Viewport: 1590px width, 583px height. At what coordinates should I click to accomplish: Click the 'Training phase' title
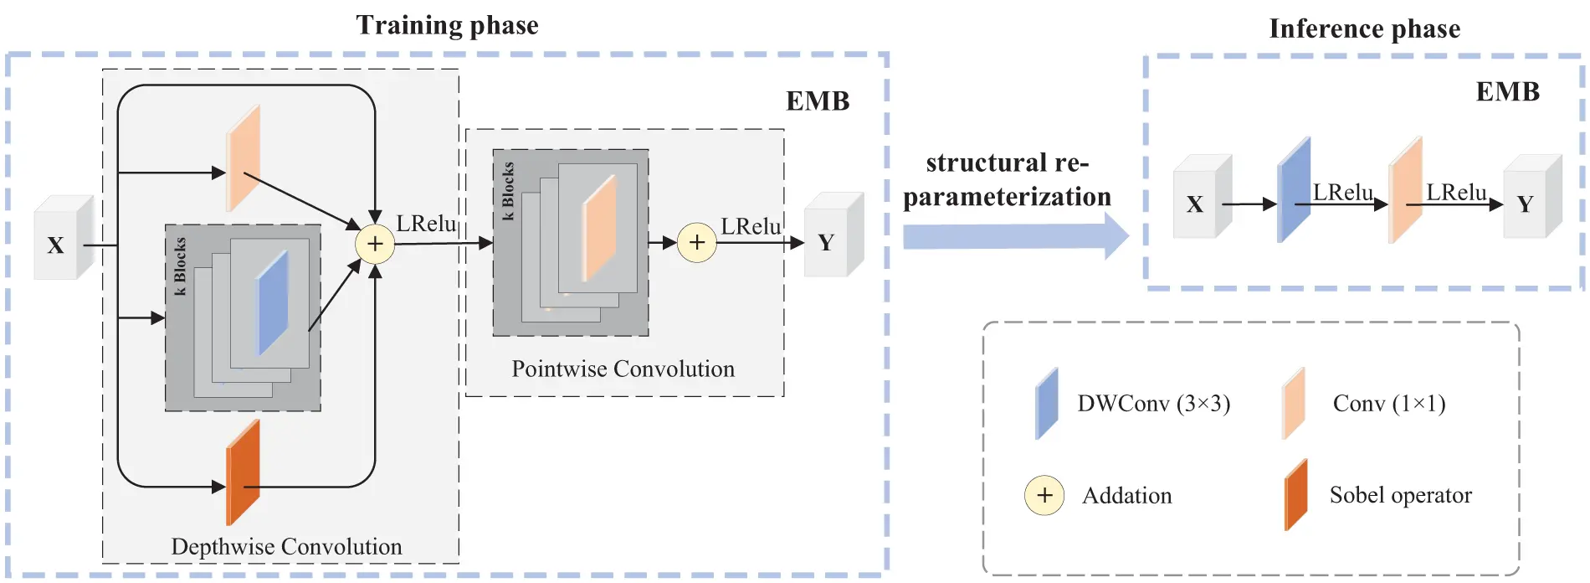(x=447, y=25)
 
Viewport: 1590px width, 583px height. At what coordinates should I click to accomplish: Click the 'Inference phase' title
(x=1364, y=29)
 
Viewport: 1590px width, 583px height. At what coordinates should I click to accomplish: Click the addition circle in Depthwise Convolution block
(x=375, y=244)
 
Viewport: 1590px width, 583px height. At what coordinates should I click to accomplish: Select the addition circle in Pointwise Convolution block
(x=696, y=243)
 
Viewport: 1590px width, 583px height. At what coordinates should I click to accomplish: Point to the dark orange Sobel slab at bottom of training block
(x=243, y=472)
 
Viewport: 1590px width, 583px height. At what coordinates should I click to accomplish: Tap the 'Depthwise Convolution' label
(x=286, y=546)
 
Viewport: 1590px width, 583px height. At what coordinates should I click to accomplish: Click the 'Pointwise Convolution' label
(x=623, y=369)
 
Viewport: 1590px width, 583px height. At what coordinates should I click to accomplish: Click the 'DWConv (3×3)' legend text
(x=1153, y=404)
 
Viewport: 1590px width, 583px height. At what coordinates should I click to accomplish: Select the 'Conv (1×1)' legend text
(x=1388, y=404)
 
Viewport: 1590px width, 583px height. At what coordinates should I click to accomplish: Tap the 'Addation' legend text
(x=1126, y=496)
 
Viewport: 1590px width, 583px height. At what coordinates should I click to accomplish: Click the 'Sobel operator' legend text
(x=1400, y=495)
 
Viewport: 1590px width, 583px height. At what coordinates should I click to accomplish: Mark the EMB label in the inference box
(x=1507, y=91)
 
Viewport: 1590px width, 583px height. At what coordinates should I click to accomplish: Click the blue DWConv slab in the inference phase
(x=1293, y=191)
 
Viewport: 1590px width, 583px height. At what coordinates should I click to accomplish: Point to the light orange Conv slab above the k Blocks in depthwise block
(x=243, y=159)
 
